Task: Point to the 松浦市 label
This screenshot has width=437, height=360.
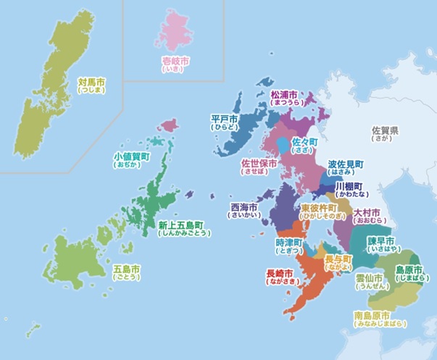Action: point(285,99)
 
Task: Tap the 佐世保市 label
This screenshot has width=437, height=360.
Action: point(259,167)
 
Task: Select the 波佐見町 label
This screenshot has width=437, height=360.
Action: point(346,167)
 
